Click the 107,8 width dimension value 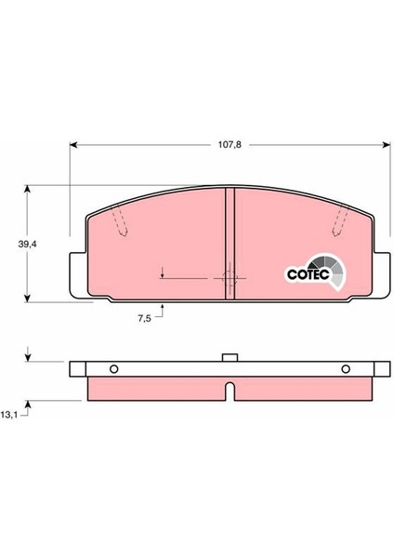pyautogui.click(x=230, y=145)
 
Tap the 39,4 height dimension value pyautogui.click(x=28, y=244)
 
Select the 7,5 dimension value pyautogui.click(x=144, y=318)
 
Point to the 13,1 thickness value pyautogui.click(x=9, y=415)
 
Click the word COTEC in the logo pyautogui.click(x=308, y=274)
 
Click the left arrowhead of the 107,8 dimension pyautogui.click(x=73, y=144)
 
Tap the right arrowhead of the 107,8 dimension pyautogui.click(x=387, y=144)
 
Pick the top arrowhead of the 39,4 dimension pyautogui.click(x=27, y=189)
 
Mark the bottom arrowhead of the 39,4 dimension pyautogui.click(x=27, y=299)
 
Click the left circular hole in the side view pyautogui.click(x=113, y=369)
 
